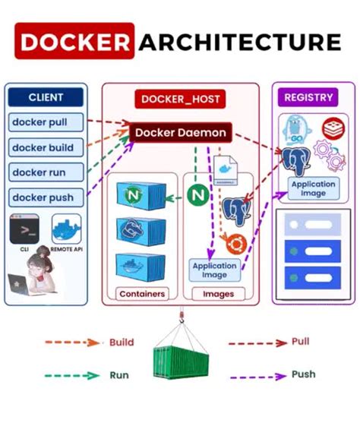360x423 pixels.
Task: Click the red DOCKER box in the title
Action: [74, 42]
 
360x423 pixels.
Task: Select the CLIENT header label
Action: [46, 97]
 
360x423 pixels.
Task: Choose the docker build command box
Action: [45, 147]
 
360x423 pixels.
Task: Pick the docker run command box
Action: [42, 172]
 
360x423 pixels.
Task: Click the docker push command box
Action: [43, 197]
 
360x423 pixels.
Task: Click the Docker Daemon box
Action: [180, 133]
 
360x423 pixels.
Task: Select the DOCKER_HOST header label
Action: [180, 99]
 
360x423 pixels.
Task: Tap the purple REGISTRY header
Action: [308, 97]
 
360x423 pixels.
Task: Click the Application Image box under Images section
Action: [214, 270]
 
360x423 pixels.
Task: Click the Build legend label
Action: [122, 343]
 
